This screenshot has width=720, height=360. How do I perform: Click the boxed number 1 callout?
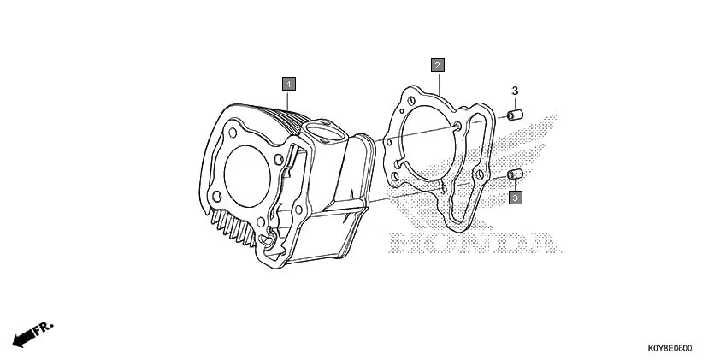pos(290,84)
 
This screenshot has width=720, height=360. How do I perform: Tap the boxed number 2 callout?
pos(437,65)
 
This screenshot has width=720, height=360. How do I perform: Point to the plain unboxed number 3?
pos(516,91)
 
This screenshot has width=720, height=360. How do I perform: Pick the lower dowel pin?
pos(516,175)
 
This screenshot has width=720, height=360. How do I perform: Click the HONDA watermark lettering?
pos(469,244)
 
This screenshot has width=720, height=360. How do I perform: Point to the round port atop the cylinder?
pos(323,132)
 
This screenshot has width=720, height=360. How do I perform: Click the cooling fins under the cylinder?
pos(234,227)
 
